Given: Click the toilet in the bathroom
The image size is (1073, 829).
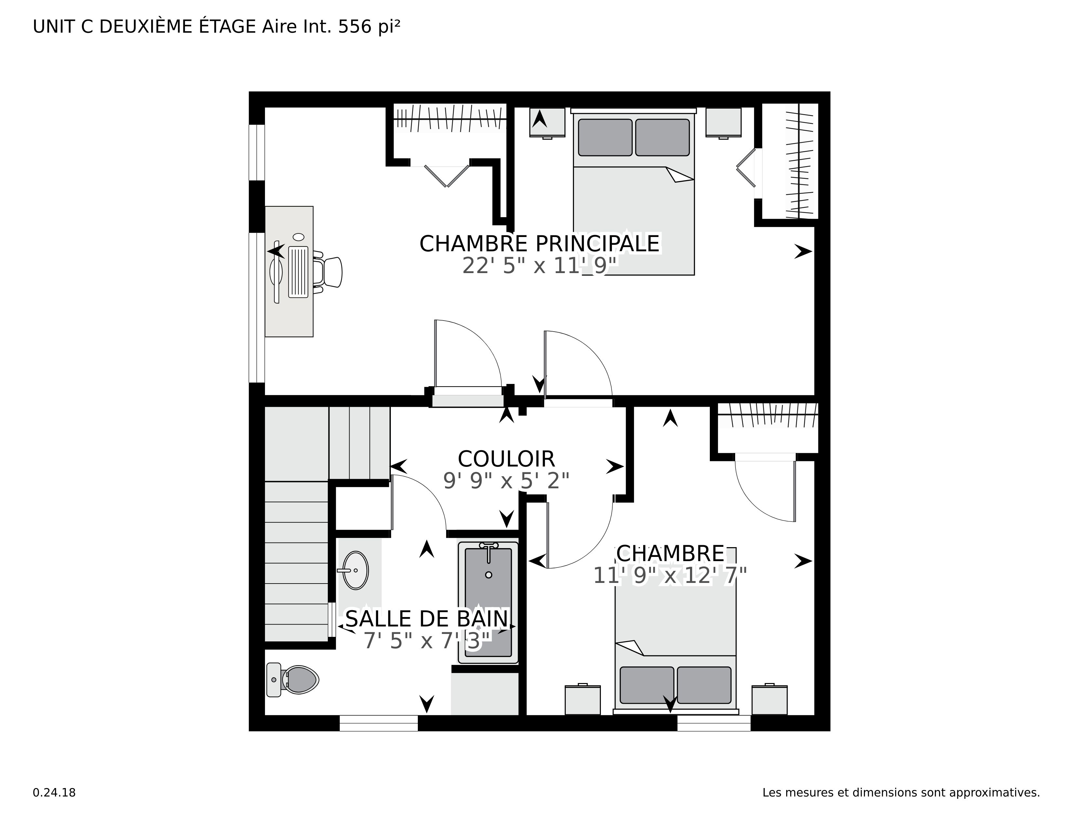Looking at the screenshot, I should [x=294, y=680].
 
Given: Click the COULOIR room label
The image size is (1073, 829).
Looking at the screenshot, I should [x=506, y=459].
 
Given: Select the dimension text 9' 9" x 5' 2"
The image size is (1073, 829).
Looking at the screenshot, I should [x=506, y=481].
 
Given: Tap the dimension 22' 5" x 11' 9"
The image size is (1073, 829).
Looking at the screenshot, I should [x=539, y=266].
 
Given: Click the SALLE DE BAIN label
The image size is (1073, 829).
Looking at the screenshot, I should [x=427, y=619].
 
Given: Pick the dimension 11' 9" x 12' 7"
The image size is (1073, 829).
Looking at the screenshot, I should [x=669, y=575].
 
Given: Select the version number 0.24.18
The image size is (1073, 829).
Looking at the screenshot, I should [x=54, y=793].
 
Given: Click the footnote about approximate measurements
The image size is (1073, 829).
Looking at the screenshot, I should [x=901, y=793].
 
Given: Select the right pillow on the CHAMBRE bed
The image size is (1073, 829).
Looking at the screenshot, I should [x=704, y=685].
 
